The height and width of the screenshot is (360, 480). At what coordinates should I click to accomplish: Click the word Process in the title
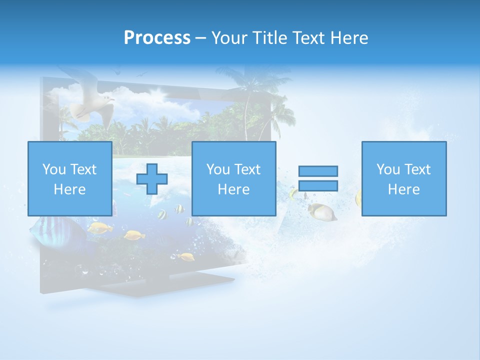(157, 38)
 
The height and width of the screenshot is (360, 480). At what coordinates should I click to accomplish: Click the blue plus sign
(152, 178)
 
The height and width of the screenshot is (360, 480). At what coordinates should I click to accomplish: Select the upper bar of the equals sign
(318, 171)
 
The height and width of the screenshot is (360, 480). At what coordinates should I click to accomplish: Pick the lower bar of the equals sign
(318, 185)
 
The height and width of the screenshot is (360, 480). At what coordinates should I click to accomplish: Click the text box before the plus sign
(69, 178)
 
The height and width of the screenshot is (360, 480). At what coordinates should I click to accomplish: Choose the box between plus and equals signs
(233, 178)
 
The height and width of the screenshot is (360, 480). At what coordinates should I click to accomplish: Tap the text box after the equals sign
(403, 178)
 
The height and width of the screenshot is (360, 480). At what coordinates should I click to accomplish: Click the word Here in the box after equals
(403, 189)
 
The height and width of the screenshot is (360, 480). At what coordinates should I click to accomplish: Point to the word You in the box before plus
(53, 169)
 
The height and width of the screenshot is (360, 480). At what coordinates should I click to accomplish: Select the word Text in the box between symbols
(247, 169)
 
